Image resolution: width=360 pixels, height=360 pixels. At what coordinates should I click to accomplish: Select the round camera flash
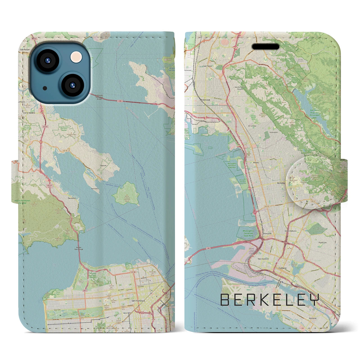[x=76, y=57]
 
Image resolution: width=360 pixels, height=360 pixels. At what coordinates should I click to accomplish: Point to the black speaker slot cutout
[x=265, y=46]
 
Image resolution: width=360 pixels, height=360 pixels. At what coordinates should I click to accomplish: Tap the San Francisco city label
[x=138, y=301]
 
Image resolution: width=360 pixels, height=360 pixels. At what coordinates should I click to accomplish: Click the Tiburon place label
[x=103, y=166]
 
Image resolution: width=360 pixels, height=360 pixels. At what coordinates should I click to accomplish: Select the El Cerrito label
[x=252, y=126]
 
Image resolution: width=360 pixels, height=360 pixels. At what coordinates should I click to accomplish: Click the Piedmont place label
[x=323, y=242]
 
